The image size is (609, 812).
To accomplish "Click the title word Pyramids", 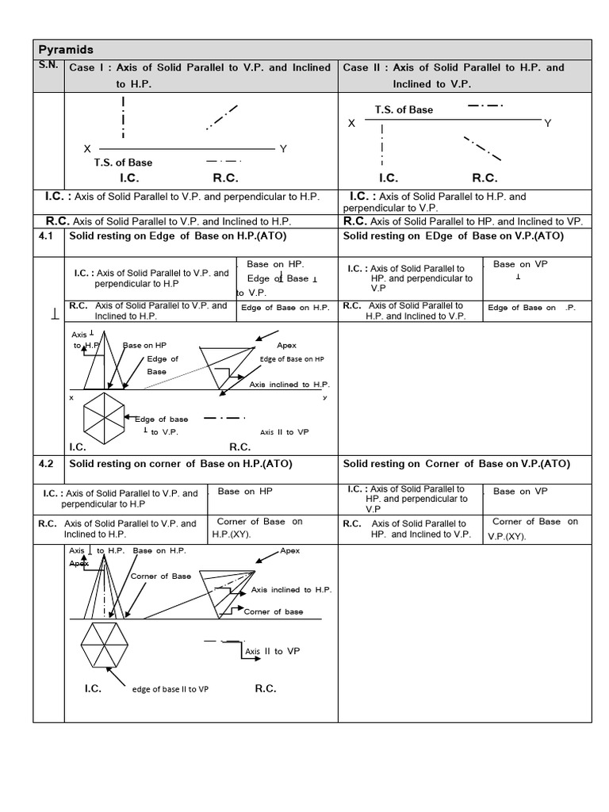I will [x=66, y=49].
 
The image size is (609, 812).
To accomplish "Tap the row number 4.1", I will [x=46, y=236].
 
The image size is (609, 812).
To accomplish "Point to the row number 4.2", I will [x=46, y=464].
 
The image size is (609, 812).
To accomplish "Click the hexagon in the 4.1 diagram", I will [x=103, y=419].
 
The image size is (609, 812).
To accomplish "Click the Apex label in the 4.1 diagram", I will [x=286, y=346].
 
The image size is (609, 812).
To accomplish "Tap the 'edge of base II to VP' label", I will [x=170, y=690].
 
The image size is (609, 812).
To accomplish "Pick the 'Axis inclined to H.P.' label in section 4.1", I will [x=289, y=385].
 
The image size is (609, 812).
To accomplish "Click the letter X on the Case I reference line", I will [x=87, y=149].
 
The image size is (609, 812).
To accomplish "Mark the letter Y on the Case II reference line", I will [x=547, y=123].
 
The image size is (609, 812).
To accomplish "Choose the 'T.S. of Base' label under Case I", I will [x=123, y=163].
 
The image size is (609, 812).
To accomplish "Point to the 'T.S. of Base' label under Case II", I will [x=404, y=110].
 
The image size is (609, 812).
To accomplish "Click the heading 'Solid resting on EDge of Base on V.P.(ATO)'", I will [x=453, y=236].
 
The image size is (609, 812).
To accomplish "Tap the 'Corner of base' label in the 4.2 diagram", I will [x=273, y=611].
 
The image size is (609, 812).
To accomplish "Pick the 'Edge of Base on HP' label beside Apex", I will [x=292, y=359].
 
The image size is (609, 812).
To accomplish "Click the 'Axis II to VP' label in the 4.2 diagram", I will [x=272, y=651].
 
